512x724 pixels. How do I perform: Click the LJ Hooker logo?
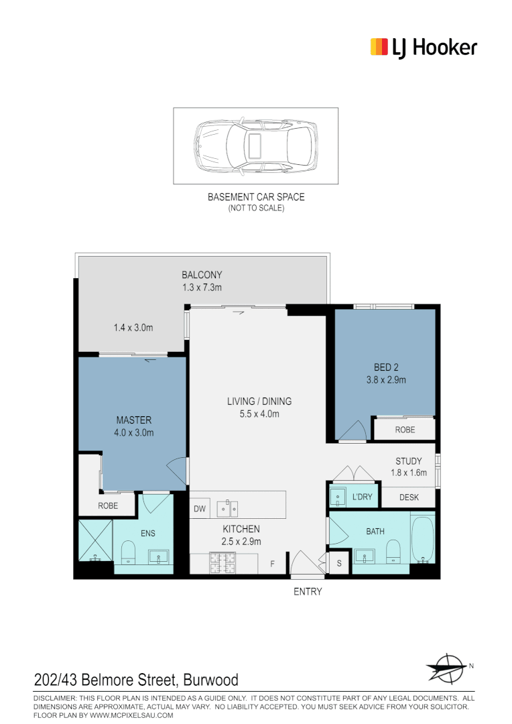tap(424, 48)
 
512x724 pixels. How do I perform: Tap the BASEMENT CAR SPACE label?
tap(255, 197)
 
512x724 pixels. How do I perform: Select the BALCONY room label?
tap(202, 275)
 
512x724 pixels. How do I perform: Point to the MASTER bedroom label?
tap(133, 420)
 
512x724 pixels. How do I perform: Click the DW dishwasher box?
tap(200, 509)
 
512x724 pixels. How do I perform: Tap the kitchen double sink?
tap(227, 509)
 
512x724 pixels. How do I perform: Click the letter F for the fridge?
tap(272, 564)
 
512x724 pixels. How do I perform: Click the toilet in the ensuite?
tap(128, 554)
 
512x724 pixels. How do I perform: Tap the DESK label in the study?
tap(409, 497)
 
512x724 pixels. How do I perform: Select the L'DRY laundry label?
tap(362, 497)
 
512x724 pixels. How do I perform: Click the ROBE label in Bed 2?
tap(405, 430)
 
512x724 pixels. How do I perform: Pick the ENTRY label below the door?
tap(308, 592)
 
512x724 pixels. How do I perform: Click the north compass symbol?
tap(447, 666)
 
